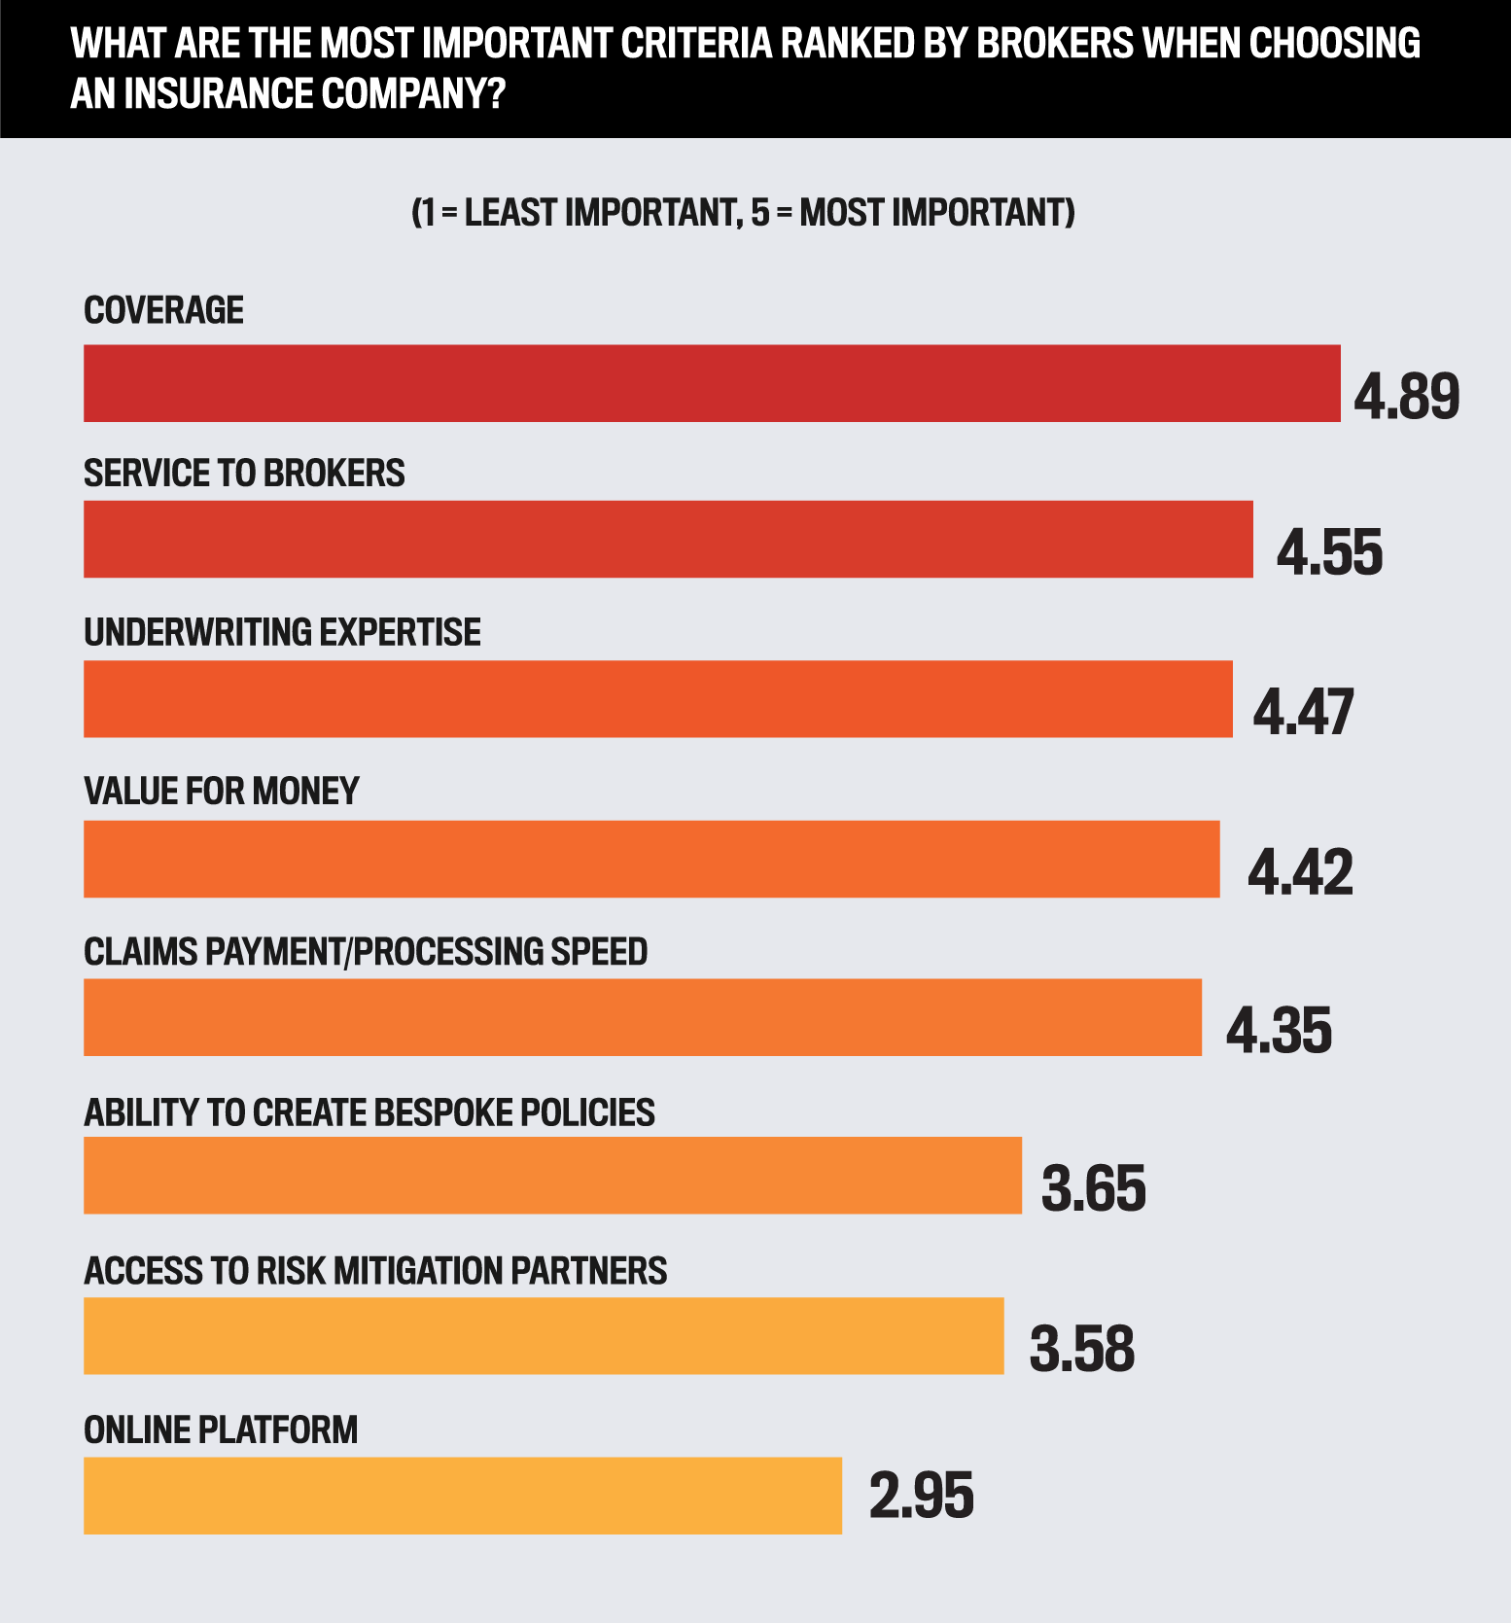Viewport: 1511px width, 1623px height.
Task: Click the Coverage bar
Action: pyautogui.click(x=712, y=383)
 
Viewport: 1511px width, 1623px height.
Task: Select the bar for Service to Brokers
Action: pyautogui.click(x=668, y=540)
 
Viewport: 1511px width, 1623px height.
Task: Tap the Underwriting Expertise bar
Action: pyautogui.click(x=657, y=699)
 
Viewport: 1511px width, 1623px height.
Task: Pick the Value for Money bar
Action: pyautogui.click(x=651, y=859)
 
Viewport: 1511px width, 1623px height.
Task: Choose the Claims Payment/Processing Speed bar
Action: pyautogui.click(x=643, y=1017)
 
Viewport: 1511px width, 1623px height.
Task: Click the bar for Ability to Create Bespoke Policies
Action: pyautogui.click(x=552, y=1176)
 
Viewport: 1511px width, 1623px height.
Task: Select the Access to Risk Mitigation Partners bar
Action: pyautogui.click(x=544, y=1335)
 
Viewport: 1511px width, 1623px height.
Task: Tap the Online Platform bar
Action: pyautogui.click(x=463, y=1496)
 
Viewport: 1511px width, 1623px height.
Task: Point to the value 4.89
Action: pyautogui.click(x=1406, y=397)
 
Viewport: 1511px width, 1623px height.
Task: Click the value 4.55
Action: pyautogui.click(x=1329, y=553)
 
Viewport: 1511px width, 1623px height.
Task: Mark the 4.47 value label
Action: pyautogui.click(x=1303, y=713)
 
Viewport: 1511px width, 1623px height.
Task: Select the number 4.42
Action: pyautogui.click(x=1300, y=872)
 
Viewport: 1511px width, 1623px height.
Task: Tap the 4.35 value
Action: pyautogui.click(x=1279, y=1031)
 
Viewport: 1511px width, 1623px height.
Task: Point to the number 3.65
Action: pyautogui.click(x=1094, y=1188)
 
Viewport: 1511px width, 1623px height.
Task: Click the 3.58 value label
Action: pyautogui.click(x=1082, y=1349)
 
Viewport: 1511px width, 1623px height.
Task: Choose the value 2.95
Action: pyautogui.click(x=921, y=1496)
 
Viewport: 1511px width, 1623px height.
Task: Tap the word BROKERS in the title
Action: pyautogui.click(x=1055, y=44)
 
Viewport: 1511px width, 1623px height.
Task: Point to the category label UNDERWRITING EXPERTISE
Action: pyautogui.click(x=282, y=632)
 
